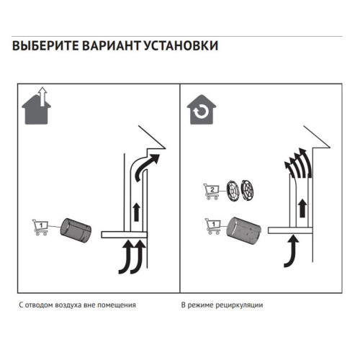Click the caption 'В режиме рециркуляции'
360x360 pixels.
pyautogui.click(x=222, y=305)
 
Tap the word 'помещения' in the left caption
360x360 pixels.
pyautogui.click(x=117, y=305)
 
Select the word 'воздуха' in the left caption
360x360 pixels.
pyautogui.click(x=71, y=305)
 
